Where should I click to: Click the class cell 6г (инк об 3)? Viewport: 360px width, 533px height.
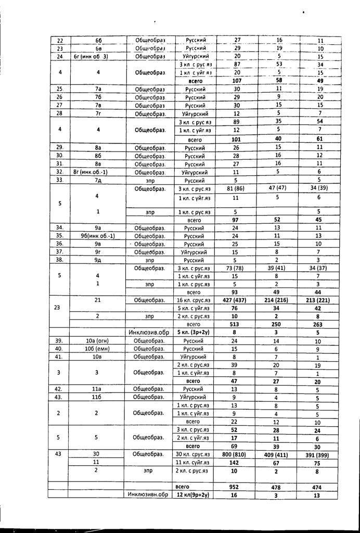[98, 56]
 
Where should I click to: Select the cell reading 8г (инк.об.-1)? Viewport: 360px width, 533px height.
[98, 172]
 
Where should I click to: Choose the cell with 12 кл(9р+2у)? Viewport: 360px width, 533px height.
[192, 495]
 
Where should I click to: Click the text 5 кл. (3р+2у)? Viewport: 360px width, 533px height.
[193, 332]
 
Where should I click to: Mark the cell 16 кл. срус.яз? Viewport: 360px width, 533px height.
[193, 300]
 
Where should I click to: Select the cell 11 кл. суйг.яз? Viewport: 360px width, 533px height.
[193, 462]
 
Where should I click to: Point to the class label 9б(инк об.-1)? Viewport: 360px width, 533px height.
[98, 235]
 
